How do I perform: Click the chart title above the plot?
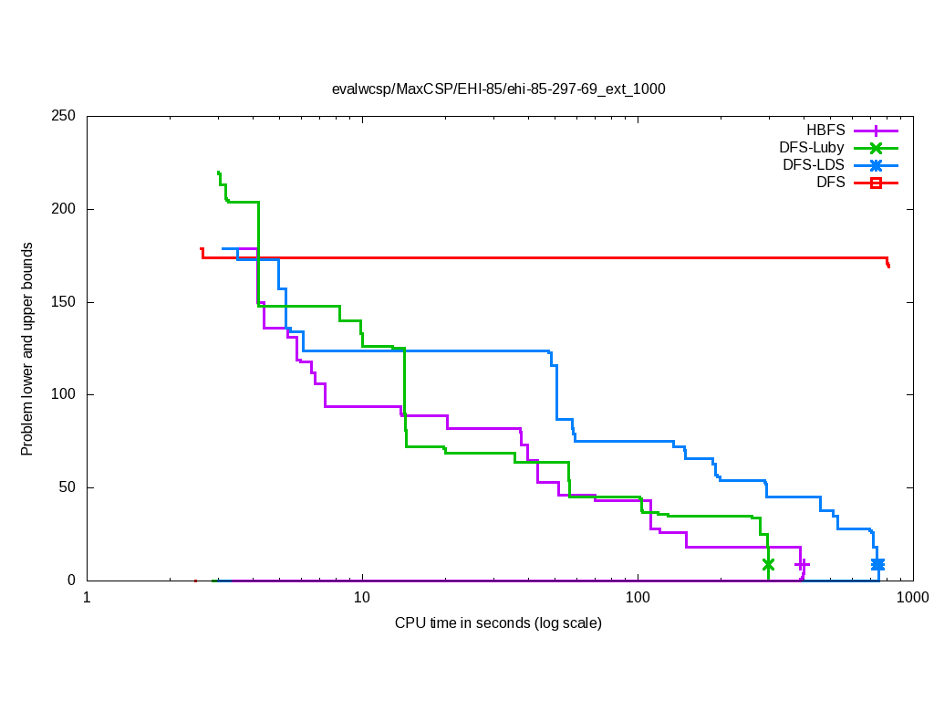tap(498, 89)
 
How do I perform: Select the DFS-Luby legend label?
tap(812, 147)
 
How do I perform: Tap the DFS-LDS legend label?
tap(814, 165)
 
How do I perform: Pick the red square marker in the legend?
tap(876, 183)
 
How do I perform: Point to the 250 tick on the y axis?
tap(64, 117)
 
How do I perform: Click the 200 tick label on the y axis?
tap(64, 209)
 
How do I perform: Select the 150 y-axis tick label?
tap(64, 302)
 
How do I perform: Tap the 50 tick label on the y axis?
tap(67, 487)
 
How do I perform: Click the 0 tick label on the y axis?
tap(71, 581)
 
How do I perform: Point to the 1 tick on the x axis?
tap(87, 597)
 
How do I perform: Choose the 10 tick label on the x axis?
tap(362, 597)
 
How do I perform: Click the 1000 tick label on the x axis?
tap(912, 597)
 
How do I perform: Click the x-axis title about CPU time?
tap(498, 623)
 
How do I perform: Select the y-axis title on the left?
tap(28, 350)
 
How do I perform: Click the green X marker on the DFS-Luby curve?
tap(768, 564)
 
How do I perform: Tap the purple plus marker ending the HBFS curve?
tap(802, 565)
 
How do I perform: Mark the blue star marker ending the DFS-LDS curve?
tap(877, 564)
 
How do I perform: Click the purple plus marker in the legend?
tap(876, 130)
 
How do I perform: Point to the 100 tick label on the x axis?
tap(638, 597)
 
